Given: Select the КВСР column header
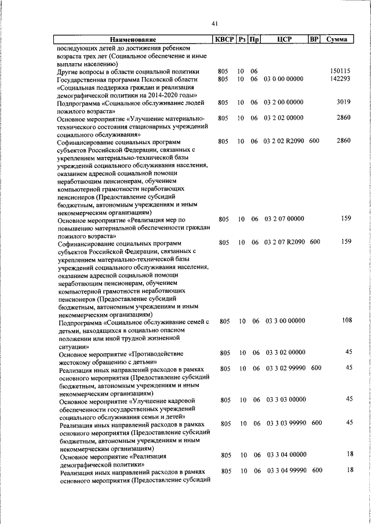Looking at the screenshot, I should point(223,40).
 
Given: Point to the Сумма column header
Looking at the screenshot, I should point(337,40).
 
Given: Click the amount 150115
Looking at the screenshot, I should point(339,71).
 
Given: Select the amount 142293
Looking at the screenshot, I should point(339,79).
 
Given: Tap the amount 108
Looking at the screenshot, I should point(347,320).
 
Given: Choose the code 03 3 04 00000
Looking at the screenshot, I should point(285,455).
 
